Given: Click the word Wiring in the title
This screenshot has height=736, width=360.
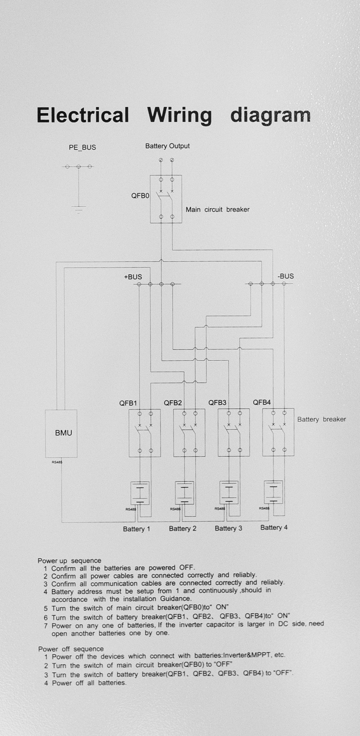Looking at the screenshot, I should (180, 116).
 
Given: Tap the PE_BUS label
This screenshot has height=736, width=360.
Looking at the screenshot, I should (82, 148).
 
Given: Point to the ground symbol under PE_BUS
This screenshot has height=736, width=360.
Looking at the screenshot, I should (79, 209).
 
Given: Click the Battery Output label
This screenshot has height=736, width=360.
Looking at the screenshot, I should (167, 146).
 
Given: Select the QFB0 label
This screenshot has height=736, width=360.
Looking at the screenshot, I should (140, 196).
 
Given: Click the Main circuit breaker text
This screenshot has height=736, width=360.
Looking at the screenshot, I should (217, 210).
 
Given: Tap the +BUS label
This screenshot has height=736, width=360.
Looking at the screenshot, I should (133, 277).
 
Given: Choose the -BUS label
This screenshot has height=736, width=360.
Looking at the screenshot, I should (286, 276).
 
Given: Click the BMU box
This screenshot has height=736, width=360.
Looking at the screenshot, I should (61, 433).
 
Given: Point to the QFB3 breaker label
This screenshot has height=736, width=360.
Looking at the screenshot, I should (217, 403).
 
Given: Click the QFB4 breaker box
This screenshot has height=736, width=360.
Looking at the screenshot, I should (278, 432).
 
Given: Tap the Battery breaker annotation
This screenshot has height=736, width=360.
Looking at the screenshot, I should (321, 419).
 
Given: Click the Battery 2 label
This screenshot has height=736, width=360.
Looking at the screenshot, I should (183, 529).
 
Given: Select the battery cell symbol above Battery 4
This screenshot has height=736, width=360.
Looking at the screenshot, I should (273, 492).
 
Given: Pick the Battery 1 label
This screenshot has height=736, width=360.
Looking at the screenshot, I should (136, 529).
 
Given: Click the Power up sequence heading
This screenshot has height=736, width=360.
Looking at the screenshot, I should (69, 560).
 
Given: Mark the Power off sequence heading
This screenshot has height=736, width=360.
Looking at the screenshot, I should (71, 649).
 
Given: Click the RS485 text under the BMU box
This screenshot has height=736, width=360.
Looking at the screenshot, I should (57, 462).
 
